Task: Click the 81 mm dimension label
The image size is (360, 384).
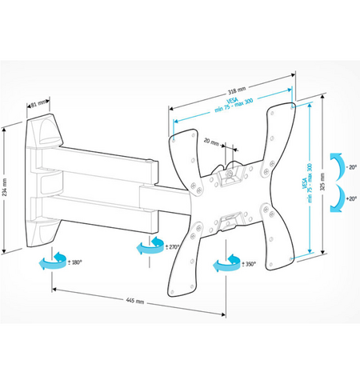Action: [37, 102]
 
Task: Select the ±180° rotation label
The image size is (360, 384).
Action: [74, 262]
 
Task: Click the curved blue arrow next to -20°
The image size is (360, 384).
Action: [339, 161]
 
